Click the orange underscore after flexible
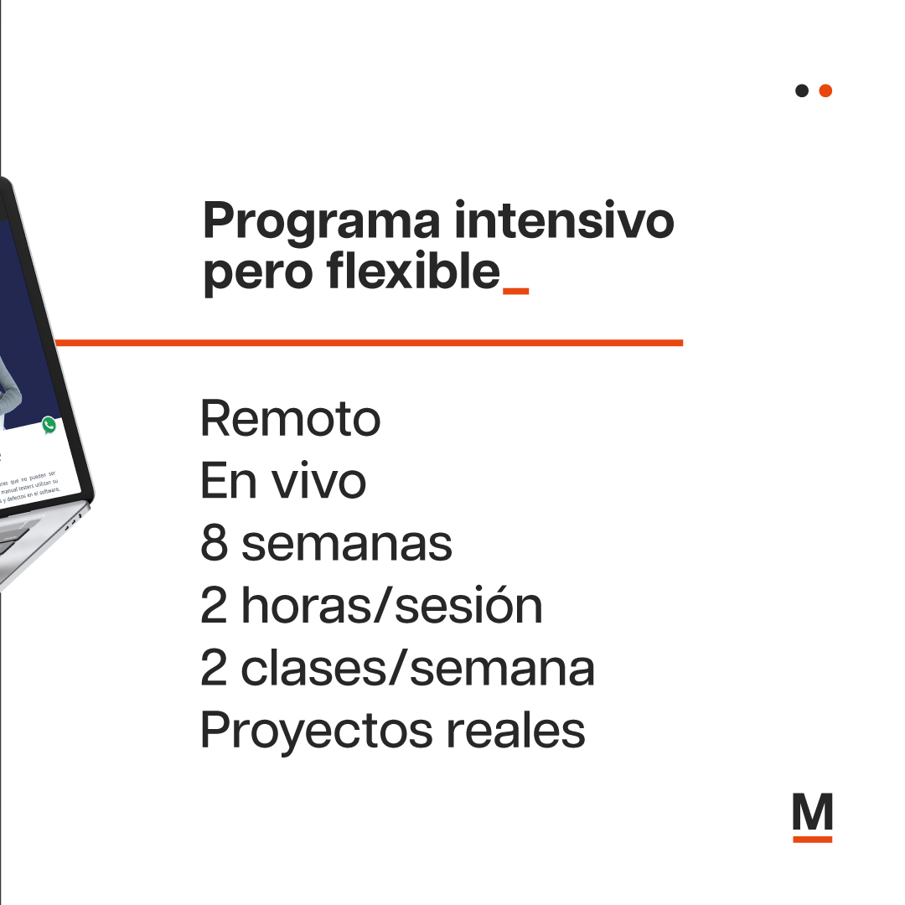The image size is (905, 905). [x=515, y=291]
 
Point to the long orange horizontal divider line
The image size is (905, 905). [x=369, y=342]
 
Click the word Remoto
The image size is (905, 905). [x=290, y=418]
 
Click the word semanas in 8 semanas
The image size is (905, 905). [x=347, y=545]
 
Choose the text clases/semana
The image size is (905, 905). [x=417, y=668]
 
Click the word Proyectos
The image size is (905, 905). [x=315, y=732]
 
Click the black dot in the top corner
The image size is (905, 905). [x=802, y=90]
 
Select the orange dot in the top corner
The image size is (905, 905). [x=825, y=90]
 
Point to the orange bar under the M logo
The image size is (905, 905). [x=812, y=838]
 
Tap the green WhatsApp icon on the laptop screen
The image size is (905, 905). [x=49, y=425]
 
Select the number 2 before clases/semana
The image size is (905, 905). [x=214, y=668]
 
